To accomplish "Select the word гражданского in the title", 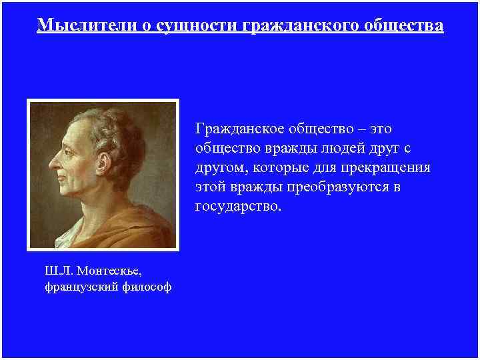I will (x=299, y=25).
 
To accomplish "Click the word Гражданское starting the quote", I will (x=241, y=127).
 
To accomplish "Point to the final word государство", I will (x=238, y=207).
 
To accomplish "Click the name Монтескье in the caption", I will (x=109, y=270).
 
